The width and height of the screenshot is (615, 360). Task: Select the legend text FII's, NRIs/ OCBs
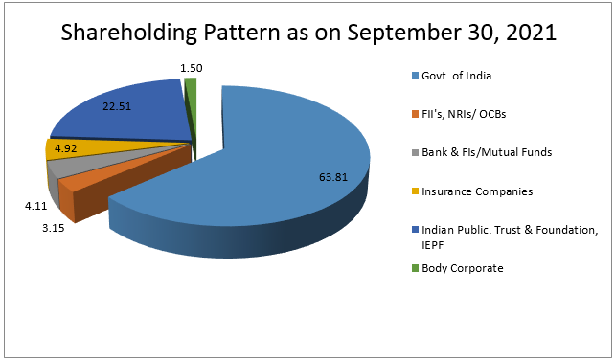464,114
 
